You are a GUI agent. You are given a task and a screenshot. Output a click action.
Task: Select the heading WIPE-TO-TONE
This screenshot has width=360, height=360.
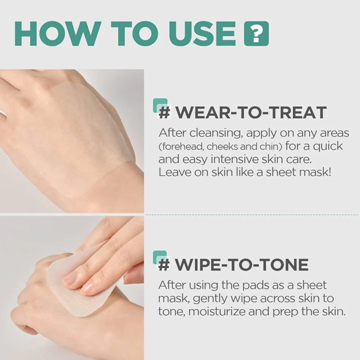pyautogui.click(x=250, y=265)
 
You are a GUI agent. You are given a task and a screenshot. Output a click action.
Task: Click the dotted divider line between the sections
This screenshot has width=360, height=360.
pyautogui.click(x=252, y=214)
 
